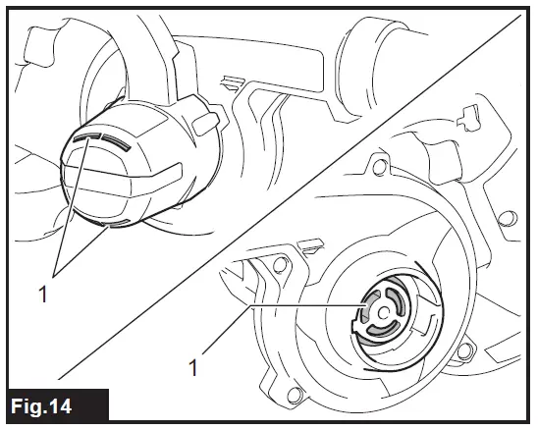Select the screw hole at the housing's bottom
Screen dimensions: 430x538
click(291, 396)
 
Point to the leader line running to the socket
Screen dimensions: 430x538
click(304, 307)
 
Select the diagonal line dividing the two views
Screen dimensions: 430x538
click(295, 196)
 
